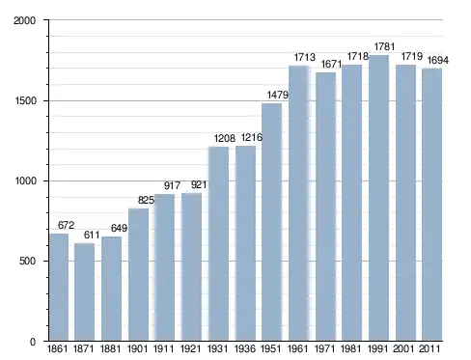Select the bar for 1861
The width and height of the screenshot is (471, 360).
(x=59, y=287)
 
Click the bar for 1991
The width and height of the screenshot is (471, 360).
(x=378, y=198)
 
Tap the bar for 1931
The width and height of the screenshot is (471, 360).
(x=219, y=244)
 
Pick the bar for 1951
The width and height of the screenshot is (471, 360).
(x=272, y=222)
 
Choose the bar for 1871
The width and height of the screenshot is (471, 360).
(x=85, y=291)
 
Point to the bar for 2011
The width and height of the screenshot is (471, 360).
(x=431, y=205)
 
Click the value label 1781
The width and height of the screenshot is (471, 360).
(x=384, y=47)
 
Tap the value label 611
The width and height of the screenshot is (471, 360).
(x=92, y=235)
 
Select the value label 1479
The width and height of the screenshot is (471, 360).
(x=278, y=95)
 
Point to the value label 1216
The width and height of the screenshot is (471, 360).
(x=252, y=138)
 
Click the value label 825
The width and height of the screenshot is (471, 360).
(x=146, y=201)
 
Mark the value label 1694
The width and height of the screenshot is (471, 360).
(x=437, y=60)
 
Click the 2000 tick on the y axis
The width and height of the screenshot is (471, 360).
(x=24, y=20)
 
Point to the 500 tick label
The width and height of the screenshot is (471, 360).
(x=27, y=261)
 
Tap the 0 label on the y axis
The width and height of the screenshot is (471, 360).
(x=33, y=342)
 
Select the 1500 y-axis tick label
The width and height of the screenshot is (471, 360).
(x=25, y=101)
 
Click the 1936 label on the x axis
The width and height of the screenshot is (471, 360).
(x=245, y=348)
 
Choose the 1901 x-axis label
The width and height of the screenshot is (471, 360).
(x=137, y=348)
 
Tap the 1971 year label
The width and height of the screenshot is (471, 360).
(x=324, y=348)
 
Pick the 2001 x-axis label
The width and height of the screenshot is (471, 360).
(x=403, y=348)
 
